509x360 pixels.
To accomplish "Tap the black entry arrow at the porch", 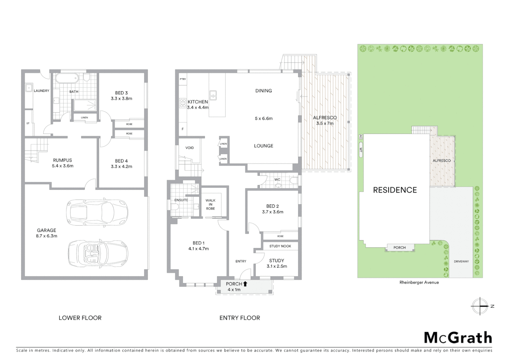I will click(245, 284).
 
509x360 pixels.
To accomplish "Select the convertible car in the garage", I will click(98, 253).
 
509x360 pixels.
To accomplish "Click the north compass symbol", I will click(480, 306).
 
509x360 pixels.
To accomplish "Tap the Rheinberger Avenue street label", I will click(419, 282).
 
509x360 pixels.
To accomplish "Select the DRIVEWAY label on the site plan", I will click(461, 261).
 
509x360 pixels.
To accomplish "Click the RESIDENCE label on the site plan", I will click(395, 190).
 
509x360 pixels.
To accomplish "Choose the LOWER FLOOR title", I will click(80, 318).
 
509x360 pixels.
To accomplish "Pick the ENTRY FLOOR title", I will click(240, 318).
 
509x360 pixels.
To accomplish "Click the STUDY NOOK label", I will click(280, 246).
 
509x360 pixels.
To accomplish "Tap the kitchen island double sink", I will click(213, 95).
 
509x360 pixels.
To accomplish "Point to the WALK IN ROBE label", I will click(210, 204).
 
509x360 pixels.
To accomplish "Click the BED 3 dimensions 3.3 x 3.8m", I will click(121, 99).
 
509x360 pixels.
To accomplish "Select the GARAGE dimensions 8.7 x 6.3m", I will click(47, 236).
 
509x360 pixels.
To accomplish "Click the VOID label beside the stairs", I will click(190, 148).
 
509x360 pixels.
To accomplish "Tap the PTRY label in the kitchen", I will click(183, 79).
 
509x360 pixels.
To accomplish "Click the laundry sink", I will click(29, 88).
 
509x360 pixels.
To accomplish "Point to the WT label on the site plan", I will click(360, 150).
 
